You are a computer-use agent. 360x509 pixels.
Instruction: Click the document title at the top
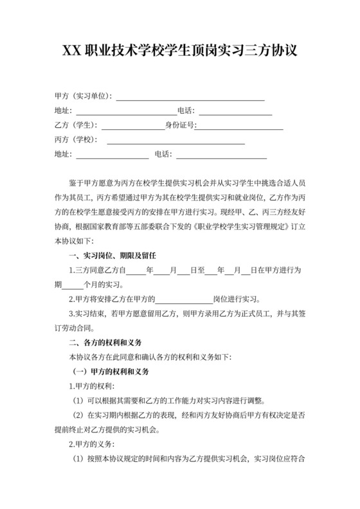179,51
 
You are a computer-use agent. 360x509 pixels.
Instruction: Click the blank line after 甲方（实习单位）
190,98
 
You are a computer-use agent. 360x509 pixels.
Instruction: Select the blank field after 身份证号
239,127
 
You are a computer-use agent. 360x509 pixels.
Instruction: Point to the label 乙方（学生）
76,125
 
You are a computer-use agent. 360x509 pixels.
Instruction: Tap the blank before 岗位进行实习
184,299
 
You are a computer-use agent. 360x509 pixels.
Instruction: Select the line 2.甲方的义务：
92,444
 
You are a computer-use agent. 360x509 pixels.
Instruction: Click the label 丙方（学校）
76,140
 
